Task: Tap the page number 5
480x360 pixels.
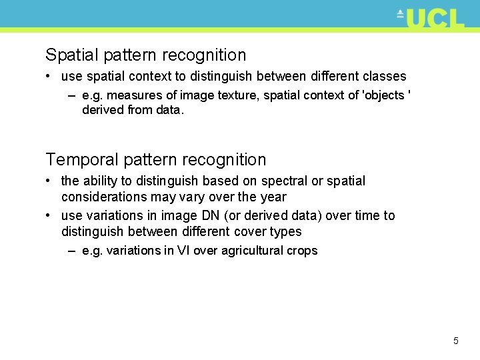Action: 456,341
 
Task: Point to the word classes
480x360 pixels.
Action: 387,77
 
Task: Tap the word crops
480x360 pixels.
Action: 302,251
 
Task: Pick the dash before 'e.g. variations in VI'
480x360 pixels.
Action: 71,251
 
